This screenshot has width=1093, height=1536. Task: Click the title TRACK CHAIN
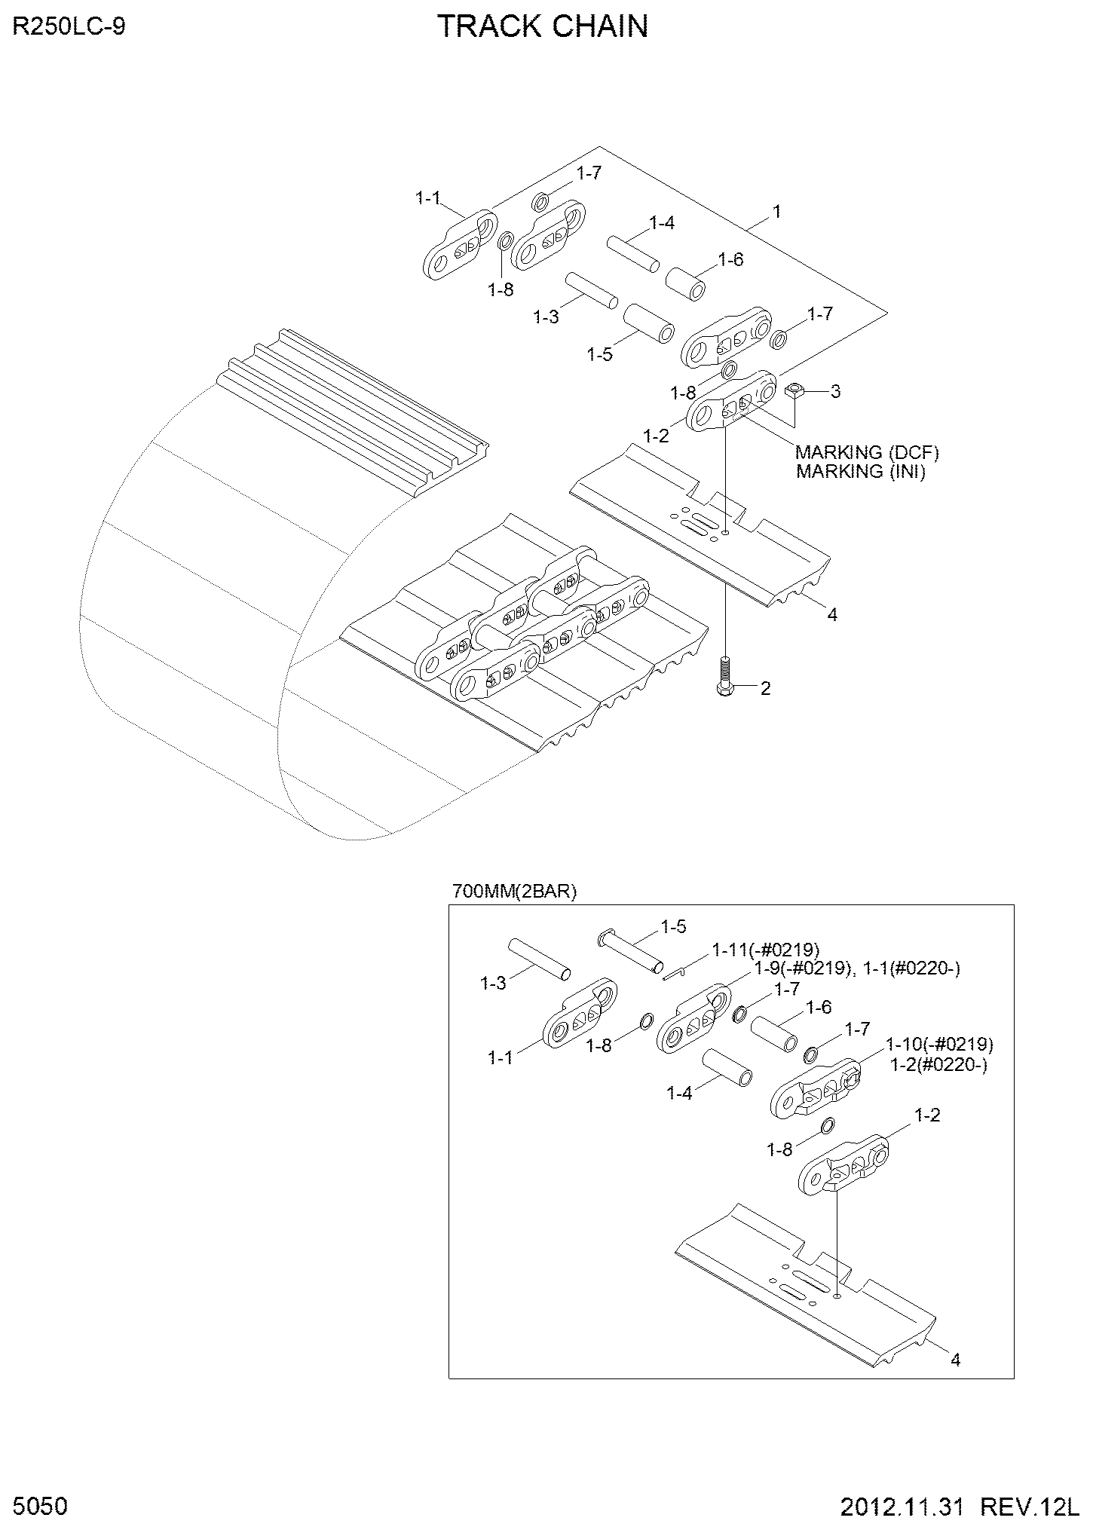click(x=543, y=26)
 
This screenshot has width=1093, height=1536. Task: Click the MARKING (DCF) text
click(x=868, y=452)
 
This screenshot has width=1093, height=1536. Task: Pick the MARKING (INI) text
click(x=860, y=471)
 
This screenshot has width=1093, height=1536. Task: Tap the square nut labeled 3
click(x=796, y=390)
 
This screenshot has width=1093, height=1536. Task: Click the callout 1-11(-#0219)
click(x=766, y=950)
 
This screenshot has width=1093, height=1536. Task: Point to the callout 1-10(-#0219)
click(x=939, y=1045)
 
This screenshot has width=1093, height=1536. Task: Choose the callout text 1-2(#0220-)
click(x=938, y=1064)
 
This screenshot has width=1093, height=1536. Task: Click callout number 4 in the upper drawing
click(x=832, y=614)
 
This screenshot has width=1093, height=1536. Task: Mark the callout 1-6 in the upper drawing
click(x=730, y=260)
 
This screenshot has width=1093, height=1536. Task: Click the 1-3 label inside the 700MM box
click(x=494, y=983)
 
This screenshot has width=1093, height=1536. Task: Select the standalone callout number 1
click(x=776, y=212)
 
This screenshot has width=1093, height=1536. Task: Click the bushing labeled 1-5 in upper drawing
click(x=650, y=325)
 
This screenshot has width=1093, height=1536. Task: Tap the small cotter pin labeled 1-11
click(x=675, y=974)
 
